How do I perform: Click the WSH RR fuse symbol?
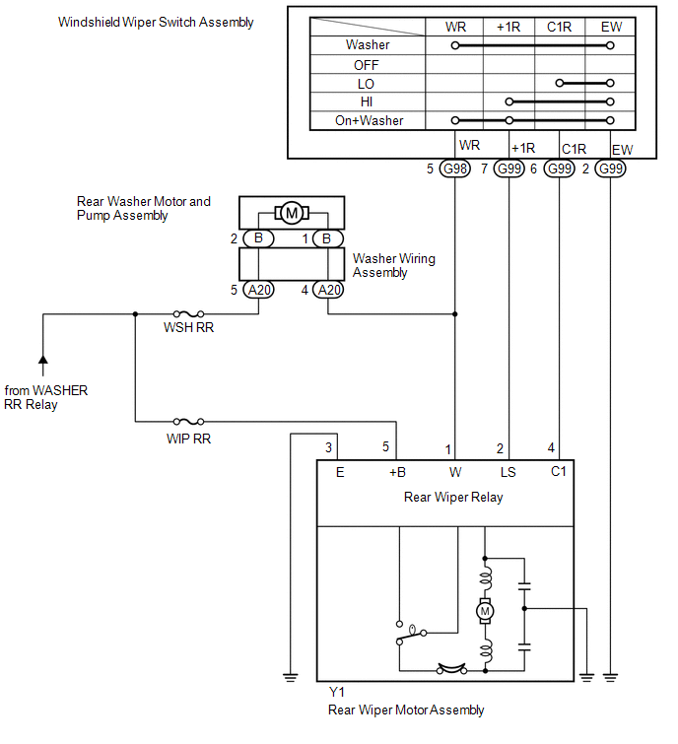pos(188,313)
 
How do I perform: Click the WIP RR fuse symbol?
pos(188,422)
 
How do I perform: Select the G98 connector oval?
pos(455,169)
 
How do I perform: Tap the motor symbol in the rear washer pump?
pos(292,213)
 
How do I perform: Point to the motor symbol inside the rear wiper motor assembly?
pos(485,611)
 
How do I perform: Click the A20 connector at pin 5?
pos(258,290)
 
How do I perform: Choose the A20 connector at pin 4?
pos(328,290)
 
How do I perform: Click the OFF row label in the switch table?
pos(367,65)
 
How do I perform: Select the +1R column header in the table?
pos(508,27)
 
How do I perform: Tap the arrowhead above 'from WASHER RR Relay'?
pos(42,359)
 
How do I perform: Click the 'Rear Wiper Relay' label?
pos(453,497)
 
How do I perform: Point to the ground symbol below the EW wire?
pos(610,678)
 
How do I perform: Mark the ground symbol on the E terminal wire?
pos(291,678)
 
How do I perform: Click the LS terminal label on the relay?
pos(508,472)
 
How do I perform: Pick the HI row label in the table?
pos(367,101)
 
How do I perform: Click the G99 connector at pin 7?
pos(509,169)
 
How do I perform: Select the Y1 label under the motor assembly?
pos(337,692)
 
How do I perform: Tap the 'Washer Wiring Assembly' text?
pos(394,265)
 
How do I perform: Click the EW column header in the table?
pos(611,27)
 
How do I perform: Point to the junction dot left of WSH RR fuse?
pos(135,313)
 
